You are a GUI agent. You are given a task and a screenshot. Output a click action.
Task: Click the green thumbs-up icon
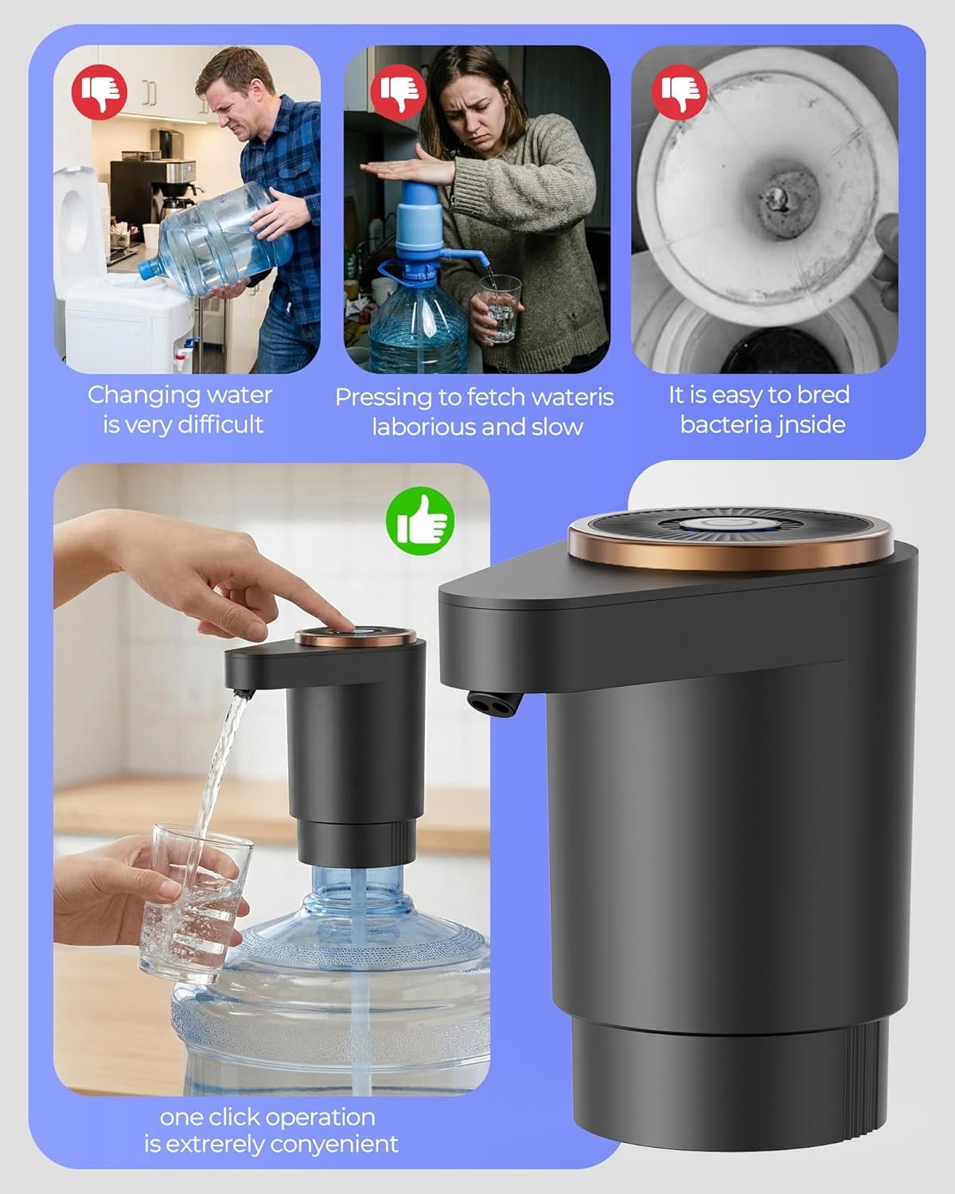[x=420, y=521]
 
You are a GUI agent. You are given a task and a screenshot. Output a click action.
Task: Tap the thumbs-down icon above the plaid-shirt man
[x=99, y=92]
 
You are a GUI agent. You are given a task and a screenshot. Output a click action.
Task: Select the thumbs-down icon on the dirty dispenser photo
[x=679, y=92]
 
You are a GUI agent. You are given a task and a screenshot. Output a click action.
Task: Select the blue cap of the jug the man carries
[x=149, y=269]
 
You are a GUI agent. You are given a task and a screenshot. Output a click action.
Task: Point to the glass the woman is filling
[x=499, y=307]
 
